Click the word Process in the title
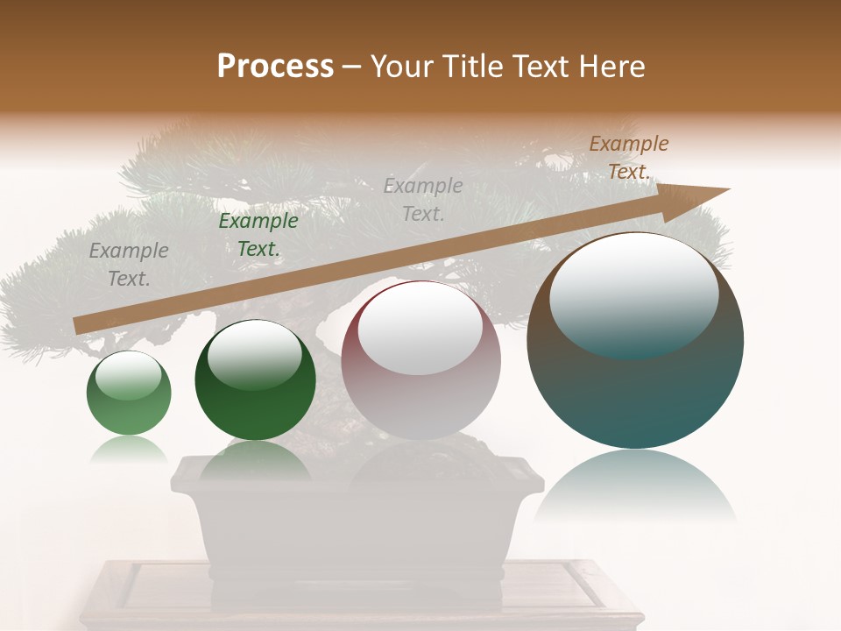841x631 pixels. coord(275,67)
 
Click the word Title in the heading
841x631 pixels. coord(470,67)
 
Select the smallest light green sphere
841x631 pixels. coord(129,393)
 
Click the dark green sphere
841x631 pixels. coord(255,380)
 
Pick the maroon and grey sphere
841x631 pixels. coord(420,361)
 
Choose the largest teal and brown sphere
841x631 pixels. coord(635,341)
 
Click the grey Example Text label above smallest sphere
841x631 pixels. coord(129,265)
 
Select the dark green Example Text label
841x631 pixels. coord(258,235)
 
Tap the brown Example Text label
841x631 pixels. coord(629,158)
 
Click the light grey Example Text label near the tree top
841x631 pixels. coord(423,199)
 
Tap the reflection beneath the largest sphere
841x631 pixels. coord(635,486)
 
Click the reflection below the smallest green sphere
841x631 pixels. coord(129,450)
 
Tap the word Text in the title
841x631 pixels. coord(544,67)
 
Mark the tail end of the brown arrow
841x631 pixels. coord(79,325)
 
